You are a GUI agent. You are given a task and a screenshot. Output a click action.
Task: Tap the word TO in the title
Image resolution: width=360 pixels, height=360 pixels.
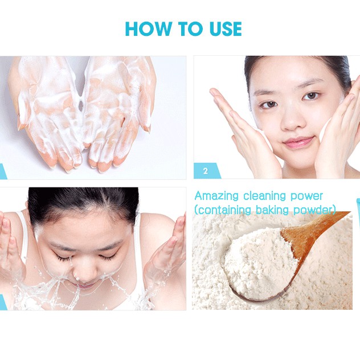click(187, 28)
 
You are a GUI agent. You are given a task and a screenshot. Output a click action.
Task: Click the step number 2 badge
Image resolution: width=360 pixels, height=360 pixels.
click(206, 171)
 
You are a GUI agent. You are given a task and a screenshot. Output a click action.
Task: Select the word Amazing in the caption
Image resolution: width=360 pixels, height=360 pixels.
click(216, 197)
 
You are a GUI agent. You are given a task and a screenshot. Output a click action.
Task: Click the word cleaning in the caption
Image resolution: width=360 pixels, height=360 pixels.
click(264, 197)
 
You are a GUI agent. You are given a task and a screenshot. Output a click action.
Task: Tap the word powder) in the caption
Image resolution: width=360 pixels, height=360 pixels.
click(314, 210)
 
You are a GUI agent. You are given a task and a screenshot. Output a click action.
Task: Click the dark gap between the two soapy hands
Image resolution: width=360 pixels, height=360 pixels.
click(80, 105)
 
